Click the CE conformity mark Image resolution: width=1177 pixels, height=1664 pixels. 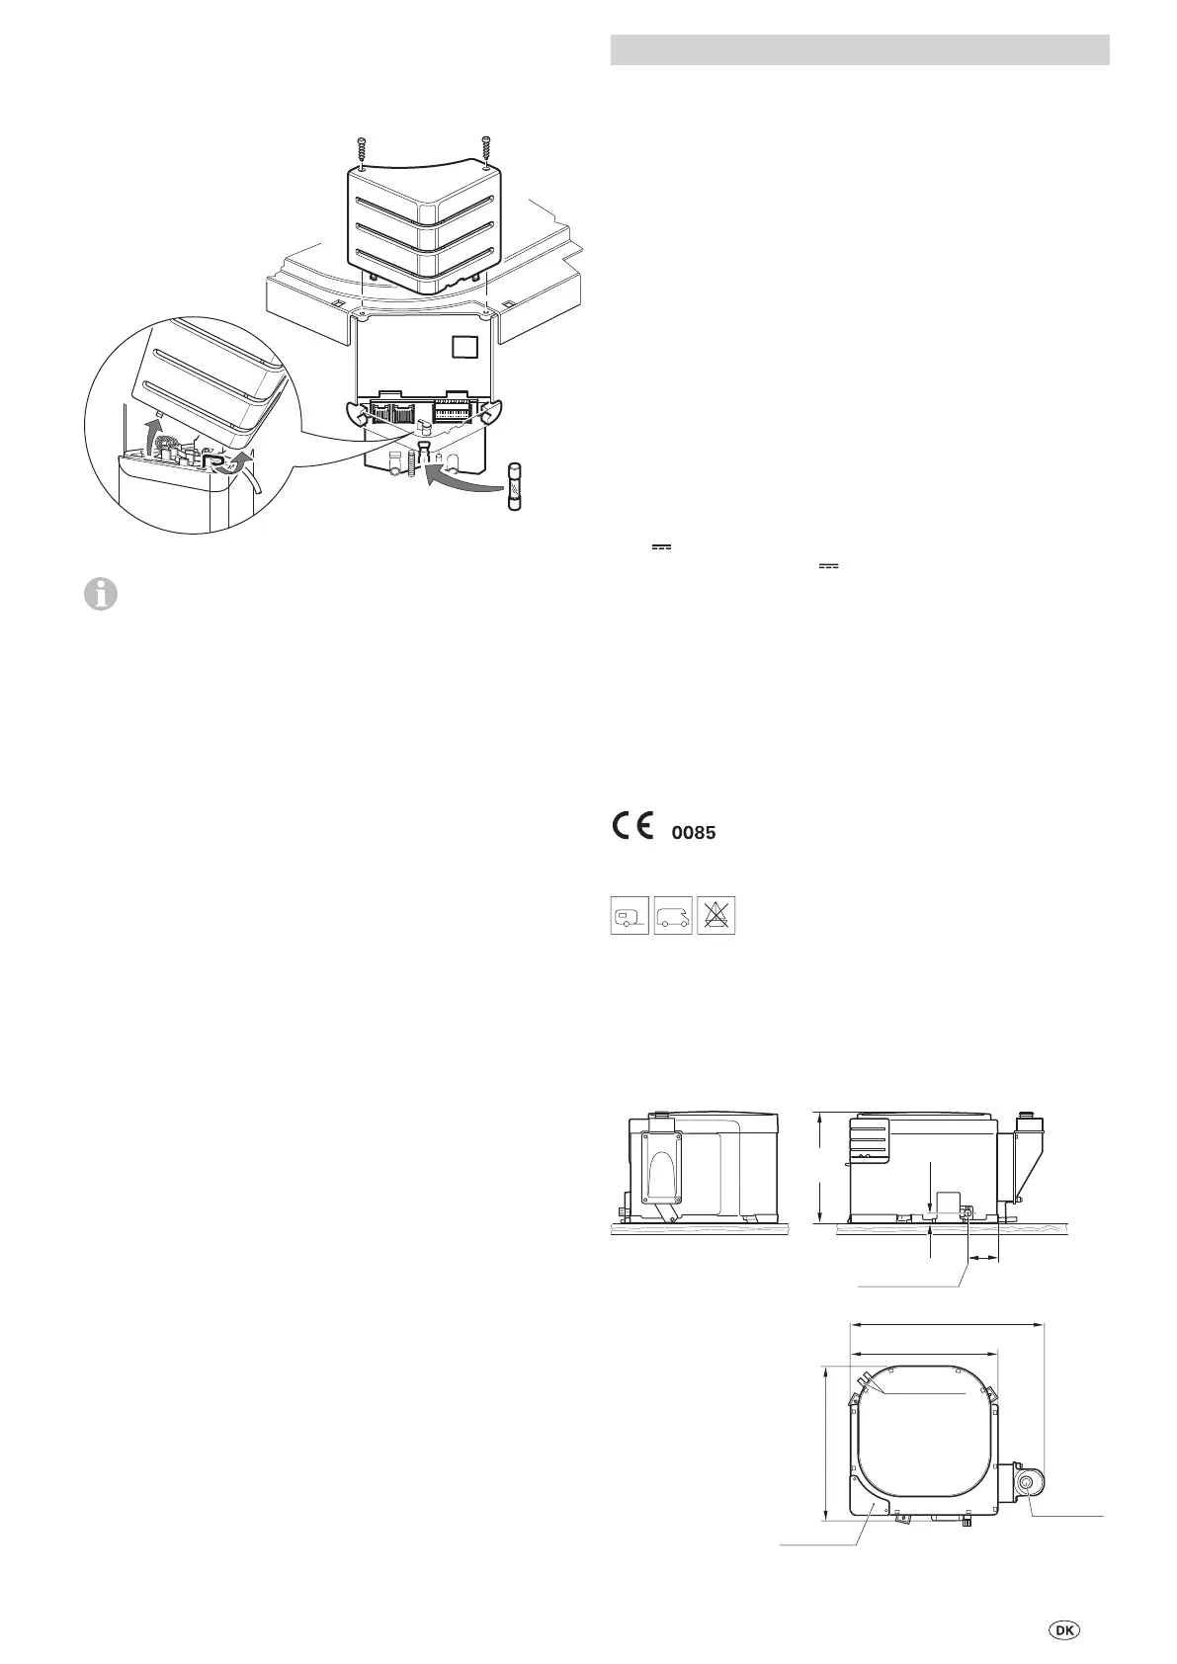[x=630, y=826]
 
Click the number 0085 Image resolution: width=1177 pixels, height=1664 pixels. [x=693, y=834]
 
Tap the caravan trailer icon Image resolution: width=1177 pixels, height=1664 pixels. [x=630, y=916]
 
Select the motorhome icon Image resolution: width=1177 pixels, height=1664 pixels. [x=673, y=916]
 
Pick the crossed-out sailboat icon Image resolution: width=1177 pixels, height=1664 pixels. [x=716, y=916]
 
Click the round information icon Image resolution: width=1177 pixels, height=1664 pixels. [x=101, y=596]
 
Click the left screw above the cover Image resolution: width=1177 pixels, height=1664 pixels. [x=363, y=149]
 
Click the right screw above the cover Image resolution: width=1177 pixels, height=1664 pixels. [x=486, y=149]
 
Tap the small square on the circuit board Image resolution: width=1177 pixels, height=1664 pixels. [x=463, y=349]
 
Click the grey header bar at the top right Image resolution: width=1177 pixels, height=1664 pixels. [x=860, y=49]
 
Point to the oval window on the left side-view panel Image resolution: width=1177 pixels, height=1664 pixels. [x=661, y=1176]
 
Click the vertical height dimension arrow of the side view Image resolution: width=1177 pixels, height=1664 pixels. [x=819, y=1166]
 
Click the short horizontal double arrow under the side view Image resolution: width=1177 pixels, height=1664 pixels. [x=982, y=1259]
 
